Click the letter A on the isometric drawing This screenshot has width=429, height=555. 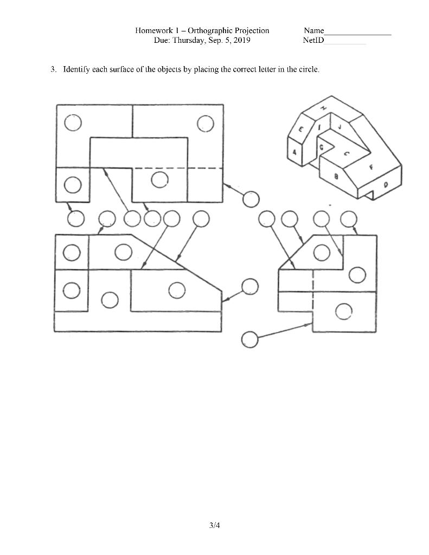click(294, 153)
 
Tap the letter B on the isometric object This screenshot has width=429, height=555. click(337, 176)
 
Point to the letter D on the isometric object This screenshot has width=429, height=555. click(386, 185)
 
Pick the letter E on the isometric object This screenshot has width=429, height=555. click(300, 130)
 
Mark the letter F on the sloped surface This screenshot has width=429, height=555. click(372, 167)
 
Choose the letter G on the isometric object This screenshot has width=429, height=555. click(322, 147)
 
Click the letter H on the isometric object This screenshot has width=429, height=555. click(324, 108)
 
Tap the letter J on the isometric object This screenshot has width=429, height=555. click(339, 127)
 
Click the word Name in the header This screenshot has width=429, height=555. click(314, 31)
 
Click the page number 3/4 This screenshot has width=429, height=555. click(214, 525)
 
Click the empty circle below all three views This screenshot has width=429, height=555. click(249, 339)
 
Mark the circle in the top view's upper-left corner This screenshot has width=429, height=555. click(73, 124)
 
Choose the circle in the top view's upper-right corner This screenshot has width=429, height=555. click(206, 124)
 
